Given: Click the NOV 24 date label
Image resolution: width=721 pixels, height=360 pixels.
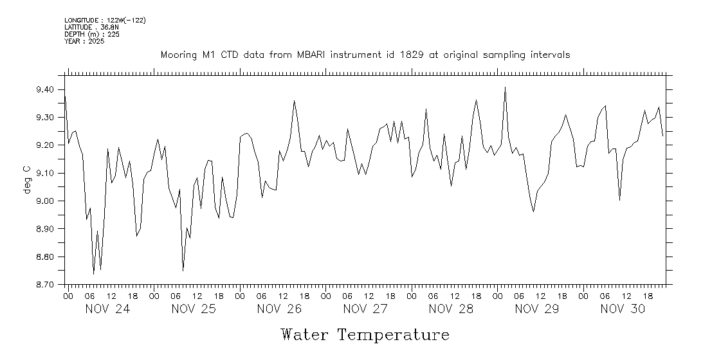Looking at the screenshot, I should coord(108,309).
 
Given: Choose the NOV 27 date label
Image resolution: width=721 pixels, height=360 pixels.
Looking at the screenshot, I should coord(365,309).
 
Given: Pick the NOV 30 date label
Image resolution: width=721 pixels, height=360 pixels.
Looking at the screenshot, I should coord(623,309).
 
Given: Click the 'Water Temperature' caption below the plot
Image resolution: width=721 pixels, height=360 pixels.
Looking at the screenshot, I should coord(365,335).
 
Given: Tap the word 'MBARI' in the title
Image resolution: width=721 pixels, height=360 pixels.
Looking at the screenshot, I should coord(312,55).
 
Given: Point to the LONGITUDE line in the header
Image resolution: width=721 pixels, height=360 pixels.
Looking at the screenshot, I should coord(105,21).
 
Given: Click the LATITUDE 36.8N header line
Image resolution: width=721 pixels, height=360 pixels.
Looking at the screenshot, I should coord(91,27).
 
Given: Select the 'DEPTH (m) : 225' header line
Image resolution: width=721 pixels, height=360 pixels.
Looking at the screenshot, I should coord(91,34).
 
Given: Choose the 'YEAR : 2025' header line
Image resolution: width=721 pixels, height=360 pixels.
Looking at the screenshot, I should coord(85,41).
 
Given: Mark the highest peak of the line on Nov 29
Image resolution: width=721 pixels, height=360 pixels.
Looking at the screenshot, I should coord(505,87).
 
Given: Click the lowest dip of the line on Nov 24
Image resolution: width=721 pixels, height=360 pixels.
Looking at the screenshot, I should coord(94,274).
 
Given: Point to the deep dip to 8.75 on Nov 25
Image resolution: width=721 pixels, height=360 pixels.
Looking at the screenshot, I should coord(183,271).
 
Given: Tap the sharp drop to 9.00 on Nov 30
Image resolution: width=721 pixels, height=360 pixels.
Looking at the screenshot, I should coord(619,200).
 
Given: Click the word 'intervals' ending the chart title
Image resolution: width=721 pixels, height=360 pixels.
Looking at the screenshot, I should coord(549,55).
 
